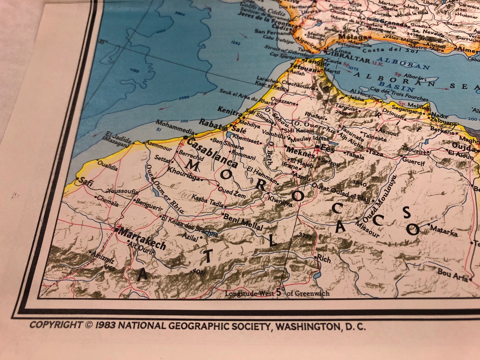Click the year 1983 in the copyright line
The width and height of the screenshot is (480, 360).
coord(105,325)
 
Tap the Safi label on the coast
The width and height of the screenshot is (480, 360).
coord(86,182)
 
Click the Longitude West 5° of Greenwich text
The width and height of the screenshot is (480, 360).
coord(277,293)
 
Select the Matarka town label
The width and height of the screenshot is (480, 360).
coord(444,230)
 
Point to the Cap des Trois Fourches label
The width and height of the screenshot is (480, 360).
coord(399,94)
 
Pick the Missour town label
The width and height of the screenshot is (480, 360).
coord(367,229)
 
